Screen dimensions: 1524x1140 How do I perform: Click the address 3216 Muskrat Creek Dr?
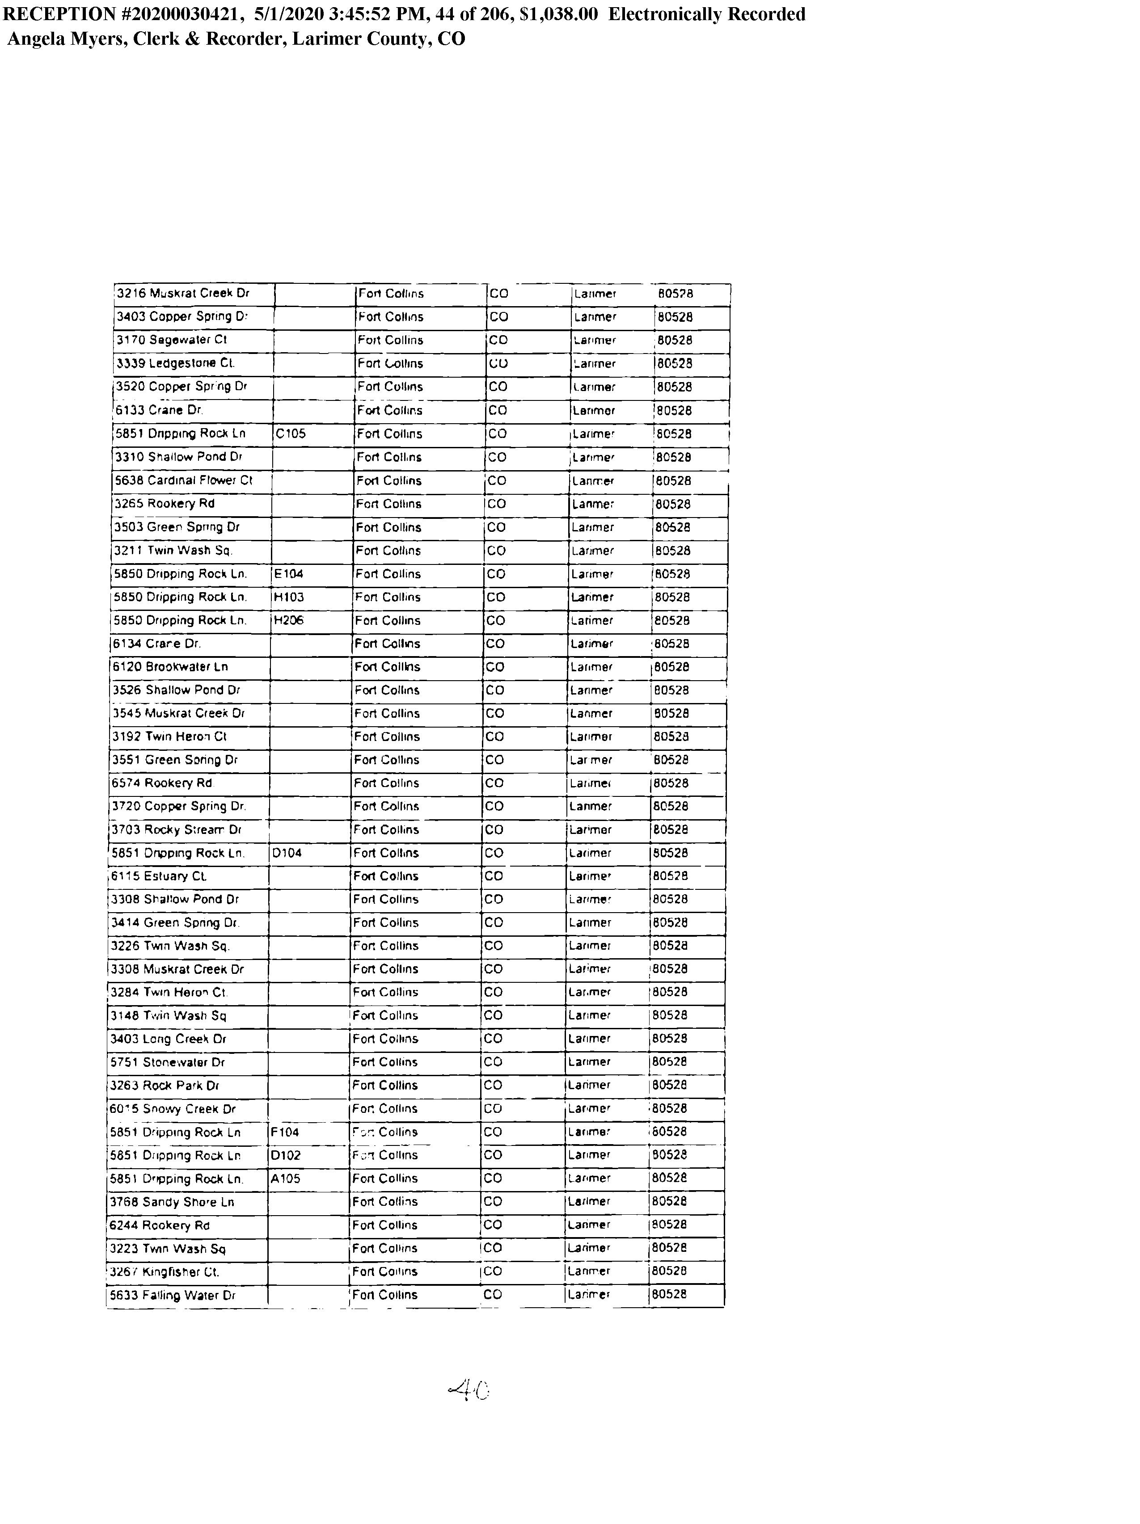click(x=183, y=294)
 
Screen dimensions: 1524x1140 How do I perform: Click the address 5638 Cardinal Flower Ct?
click(x=183, y=480)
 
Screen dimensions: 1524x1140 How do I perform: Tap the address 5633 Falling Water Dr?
click(x=172, y=1295)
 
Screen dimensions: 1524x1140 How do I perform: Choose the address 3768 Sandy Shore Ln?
click(x=172, y=1202)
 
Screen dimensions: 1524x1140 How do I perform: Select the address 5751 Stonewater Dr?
click(x=168, y=1062)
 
